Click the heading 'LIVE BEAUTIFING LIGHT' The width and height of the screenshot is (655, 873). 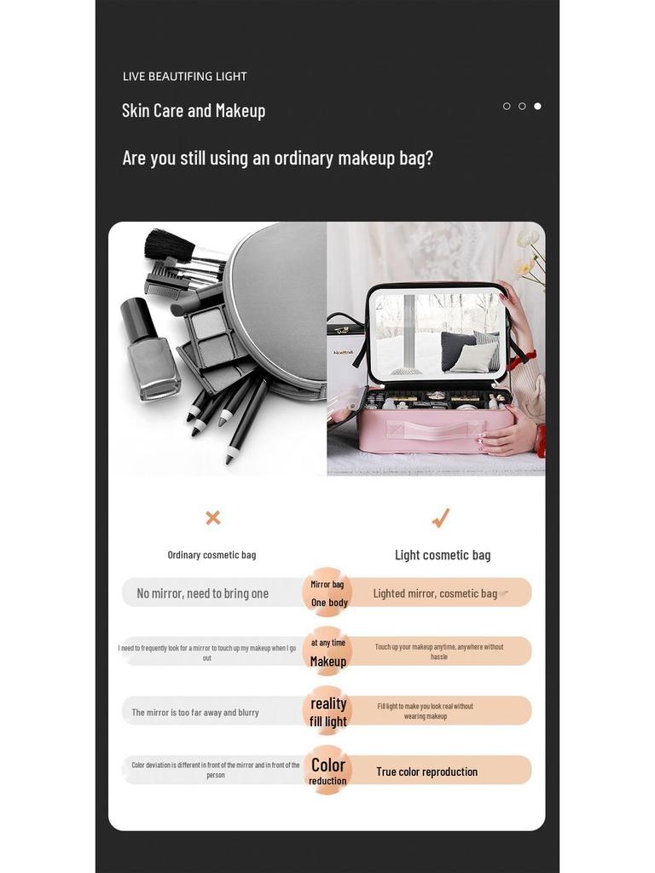tap(184, 77)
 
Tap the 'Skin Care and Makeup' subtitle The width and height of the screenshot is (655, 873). tap(194, 111)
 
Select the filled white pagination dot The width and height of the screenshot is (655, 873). tap(537, 107)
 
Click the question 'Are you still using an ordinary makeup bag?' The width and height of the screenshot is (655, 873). tap(277, 159)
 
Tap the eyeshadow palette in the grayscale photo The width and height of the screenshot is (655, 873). tap(210, 337)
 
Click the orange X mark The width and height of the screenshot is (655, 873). tap(213, 517)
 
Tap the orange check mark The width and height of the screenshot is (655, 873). tap(440, 517)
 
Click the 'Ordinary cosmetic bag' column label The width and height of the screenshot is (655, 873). tap(212, 555)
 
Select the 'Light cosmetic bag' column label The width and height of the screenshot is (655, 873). tap(443, 555)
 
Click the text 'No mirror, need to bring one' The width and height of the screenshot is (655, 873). tap(202, 593)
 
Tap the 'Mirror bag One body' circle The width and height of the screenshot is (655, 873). tap(327, 593)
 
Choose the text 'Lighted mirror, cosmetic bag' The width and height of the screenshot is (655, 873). tap(435, 593)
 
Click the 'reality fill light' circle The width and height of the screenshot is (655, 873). tap(327, 711)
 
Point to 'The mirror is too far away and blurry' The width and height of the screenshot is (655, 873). tap(195, 713)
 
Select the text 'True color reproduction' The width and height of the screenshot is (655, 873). tap(426, 772)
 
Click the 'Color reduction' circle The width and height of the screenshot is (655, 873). tap(327, 771)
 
